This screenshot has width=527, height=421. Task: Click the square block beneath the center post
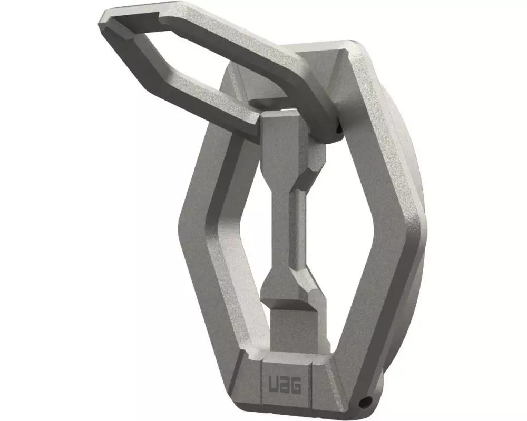pyautogui.click(x=292, y=330)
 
